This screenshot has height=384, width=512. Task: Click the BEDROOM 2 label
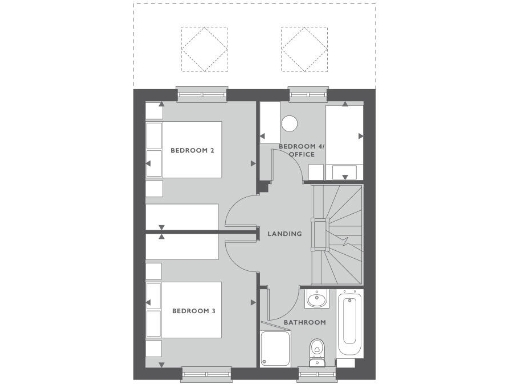tap(193, 151)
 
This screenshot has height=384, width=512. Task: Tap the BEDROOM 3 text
tap(193, 311)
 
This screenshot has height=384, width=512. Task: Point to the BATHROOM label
tap(304, 323)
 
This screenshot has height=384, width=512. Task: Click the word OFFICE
tap(301, 156)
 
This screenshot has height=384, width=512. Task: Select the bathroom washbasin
tap(317, 300)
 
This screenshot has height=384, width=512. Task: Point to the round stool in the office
tap(290, 125)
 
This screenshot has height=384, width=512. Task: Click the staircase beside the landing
tap(338, 235)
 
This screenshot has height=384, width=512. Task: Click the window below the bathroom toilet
tap(316, 374)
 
